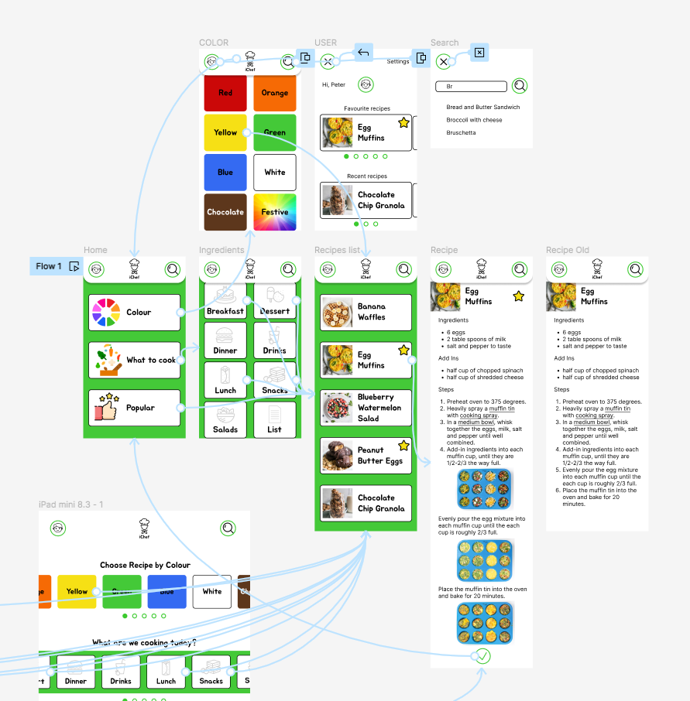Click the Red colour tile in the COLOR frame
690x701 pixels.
225,93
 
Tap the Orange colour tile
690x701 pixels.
274,93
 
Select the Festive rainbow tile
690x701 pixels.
274,212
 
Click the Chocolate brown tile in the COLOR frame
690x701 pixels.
225,212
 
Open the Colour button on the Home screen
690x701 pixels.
134,313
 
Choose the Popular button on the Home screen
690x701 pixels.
134,408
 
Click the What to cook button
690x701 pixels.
134,360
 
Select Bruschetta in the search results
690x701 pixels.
461,133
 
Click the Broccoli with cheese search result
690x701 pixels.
474,120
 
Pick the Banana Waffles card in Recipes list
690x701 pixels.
366,312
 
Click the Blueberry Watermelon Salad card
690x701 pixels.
366,408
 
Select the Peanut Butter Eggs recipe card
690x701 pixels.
366,455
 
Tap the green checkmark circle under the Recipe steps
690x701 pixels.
482,656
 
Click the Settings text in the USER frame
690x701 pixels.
398,62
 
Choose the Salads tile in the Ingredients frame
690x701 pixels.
225,419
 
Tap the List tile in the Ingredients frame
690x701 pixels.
274,419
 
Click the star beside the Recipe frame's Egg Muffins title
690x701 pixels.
518,296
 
